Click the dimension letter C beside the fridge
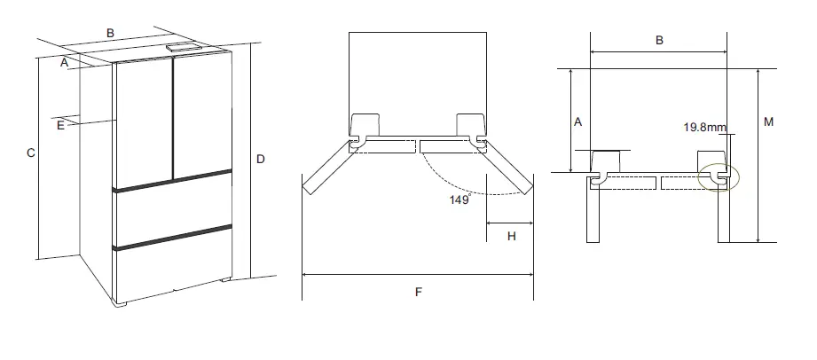point(30,153)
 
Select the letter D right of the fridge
point(261,159)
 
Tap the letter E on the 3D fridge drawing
point(60,126)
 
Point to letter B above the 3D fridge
point(110,33)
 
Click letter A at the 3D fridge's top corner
point(64,62)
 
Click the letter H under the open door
point(511,235)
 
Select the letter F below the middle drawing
point(418,293)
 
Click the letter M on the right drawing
point(768,121)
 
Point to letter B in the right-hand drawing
point(659,40)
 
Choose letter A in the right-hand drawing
point(577,121)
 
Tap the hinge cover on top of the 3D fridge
point(182,48)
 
